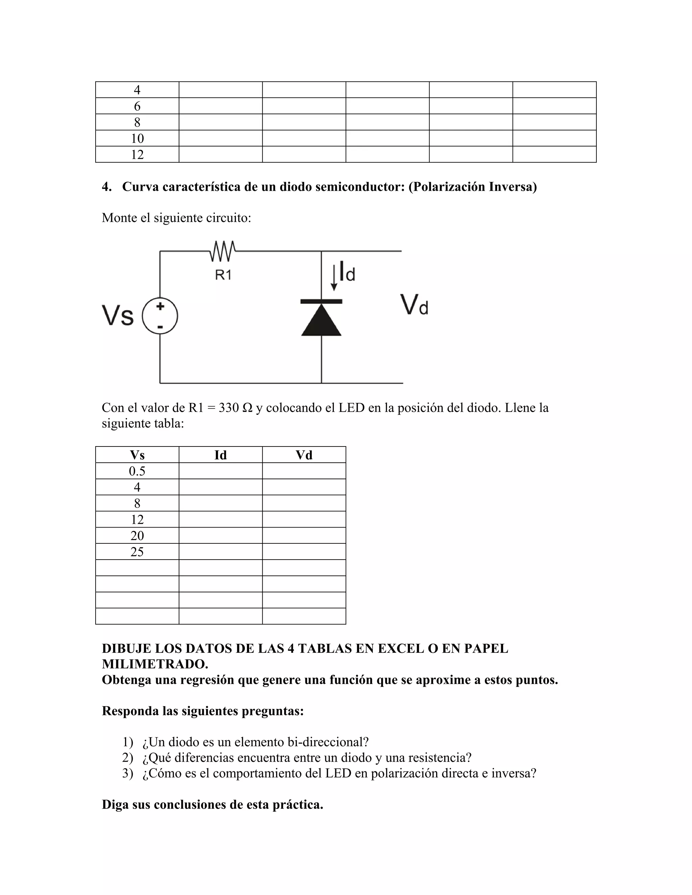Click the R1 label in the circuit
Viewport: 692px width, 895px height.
[x=223, y=275]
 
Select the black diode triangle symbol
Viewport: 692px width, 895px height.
[x=321, y=321]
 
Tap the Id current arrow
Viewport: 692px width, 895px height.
[x=334, y=277]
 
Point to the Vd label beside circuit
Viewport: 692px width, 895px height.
[x=414, y=305]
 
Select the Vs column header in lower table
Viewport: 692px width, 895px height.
[x=137, y=455]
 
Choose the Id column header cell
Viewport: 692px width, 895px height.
[x=221, y=455]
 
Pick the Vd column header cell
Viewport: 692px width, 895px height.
[x=304, y=455]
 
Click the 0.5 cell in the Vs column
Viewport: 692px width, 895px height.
[x=137, y=471]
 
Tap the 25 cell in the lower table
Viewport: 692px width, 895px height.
[x=137, y=552]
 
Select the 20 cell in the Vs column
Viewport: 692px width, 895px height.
[x=137, y=536]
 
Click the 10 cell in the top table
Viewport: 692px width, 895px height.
[x=137, y=138]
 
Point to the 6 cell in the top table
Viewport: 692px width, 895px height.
[x=137, y=106]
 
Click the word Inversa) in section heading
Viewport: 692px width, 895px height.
[x=513, y=187]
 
